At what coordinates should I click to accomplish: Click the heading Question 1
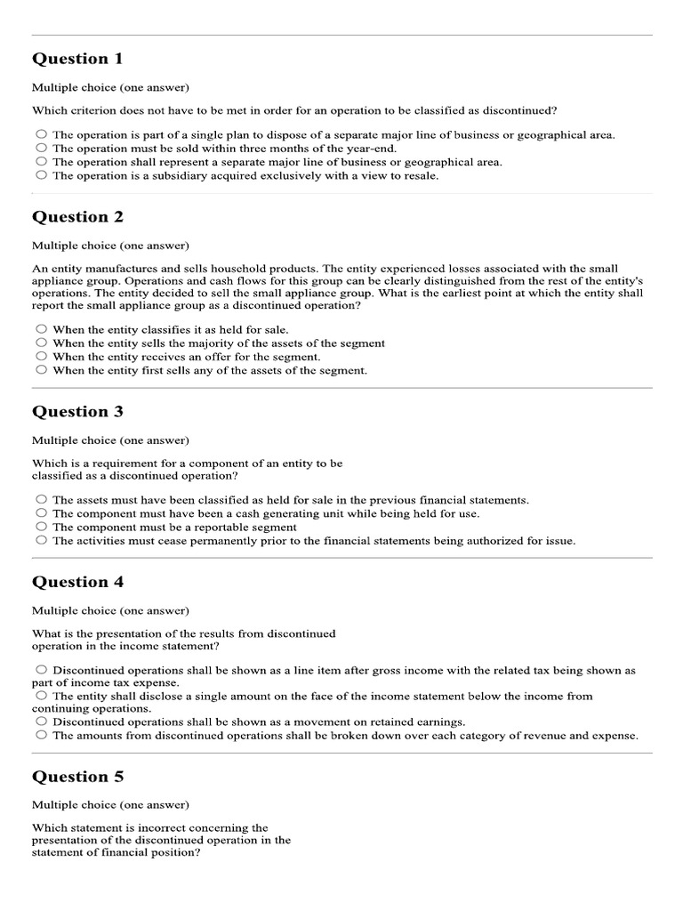[x=77, y=59]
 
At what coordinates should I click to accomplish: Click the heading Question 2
[x=77, y=217]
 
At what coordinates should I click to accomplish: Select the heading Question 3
[x=77, y=412]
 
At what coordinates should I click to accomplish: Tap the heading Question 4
[x=77, y=583]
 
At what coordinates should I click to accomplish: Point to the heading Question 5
[x=77, y=777]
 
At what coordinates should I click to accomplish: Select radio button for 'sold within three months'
[x=41, y=149]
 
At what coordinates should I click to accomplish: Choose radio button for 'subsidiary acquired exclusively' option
[x=41, y=175]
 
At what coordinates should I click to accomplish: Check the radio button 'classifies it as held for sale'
[x=41, y=329]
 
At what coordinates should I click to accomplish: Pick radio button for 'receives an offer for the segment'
[x=41, y=356]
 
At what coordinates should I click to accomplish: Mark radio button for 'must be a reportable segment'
[x=41, y=527]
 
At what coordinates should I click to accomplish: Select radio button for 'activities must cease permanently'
[x=41, y=540]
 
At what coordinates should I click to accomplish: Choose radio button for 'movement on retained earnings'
[x=41, y=722]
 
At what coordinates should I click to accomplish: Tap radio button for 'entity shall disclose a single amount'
[x=41, y=696]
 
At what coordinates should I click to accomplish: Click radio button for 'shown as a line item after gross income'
[x=41, y=670]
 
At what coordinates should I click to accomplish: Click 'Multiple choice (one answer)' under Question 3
[x=110, y=440]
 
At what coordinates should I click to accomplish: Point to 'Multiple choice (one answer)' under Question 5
[x=110, y=805]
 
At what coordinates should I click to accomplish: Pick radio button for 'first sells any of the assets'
[x=41, y=369]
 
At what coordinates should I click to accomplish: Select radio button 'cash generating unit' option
[x=41, y=513]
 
